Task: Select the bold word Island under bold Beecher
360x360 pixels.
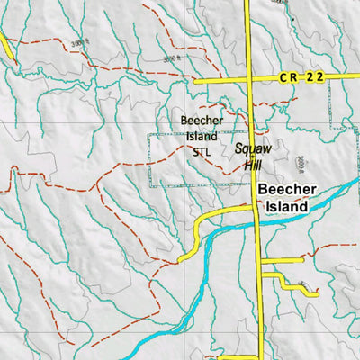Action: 285,206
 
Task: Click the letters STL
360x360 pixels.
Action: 201,152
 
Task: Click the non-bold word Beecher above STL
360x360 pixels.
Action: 201,120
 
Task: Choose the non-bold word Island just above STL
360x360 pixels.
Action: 201,136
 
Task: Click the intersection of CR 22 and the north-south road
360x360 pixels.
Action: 250,79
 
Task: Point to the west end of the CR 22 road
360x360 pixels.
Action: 195,80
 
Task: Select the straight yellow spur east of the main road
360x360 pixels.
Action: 282,260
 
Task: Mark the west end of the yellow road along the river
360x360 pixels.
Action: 181,259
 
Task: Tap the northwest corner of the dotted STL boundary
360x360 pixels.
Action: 150,134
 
